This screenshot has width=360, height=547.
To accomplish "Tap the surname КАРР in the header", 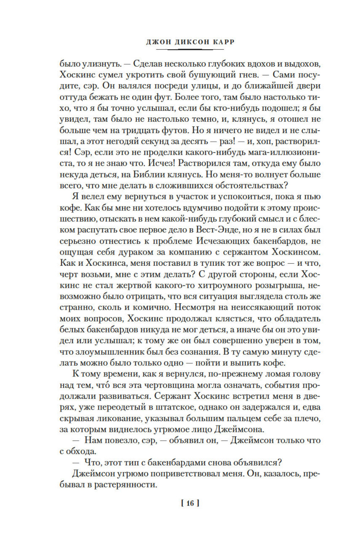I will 223,42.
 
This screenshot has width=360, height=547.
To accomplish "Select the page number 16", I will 190,503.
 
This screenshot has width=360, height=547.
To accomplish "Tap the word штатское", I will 173,407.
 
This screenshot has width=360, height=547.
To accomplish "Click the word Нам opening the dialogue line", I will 93,441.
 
